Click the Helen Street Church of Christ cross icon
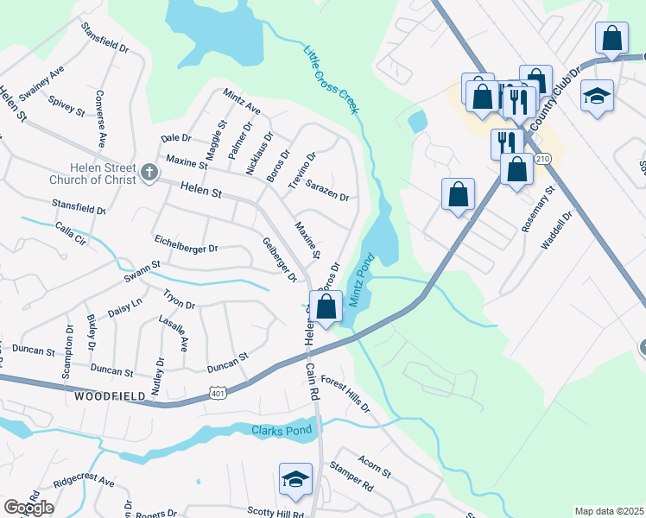click(149, 171)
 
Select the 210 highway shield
click(541, 160)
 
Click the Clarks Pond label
click(279, 430)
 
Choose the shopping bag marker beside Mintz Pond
click(326, 306)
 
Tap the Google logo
click(28, 508)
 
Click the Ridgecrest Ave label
click(84, 479)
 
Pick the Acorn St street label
click(376, 467)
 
